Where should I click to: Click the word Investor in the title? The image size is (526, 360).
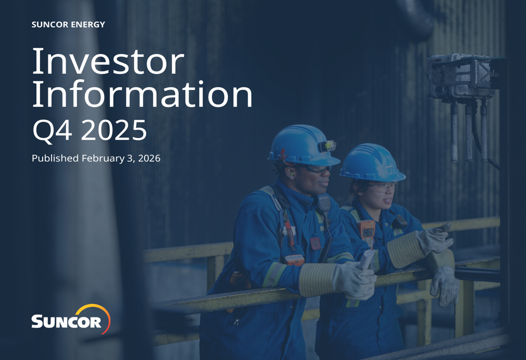click(x=108, y=61)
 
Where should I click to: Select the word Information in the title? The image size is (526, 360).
click(x=142, y=95)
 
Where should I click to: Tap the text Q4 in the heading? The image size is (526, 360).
click(x=53, y=130)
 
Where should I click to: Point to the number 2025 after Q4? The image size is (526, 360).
click(x=114, y=130)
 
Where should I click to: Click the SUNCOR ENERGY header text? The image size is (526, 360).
click(x=68, y=25)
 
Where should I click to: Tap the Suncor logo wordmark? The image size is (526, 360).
click(x=66, y=321)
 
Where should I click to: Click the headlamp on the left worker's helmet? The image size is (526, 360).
click(x=329, y=145)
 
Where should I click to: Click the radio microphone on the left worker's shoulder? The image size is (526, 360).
click(x=323, y=203)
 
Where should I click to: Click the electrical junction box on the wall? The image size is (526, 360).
click(x=461, y=78)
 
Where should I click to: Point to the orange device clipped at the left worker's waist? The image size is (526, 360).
click(x=294, y=260)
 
